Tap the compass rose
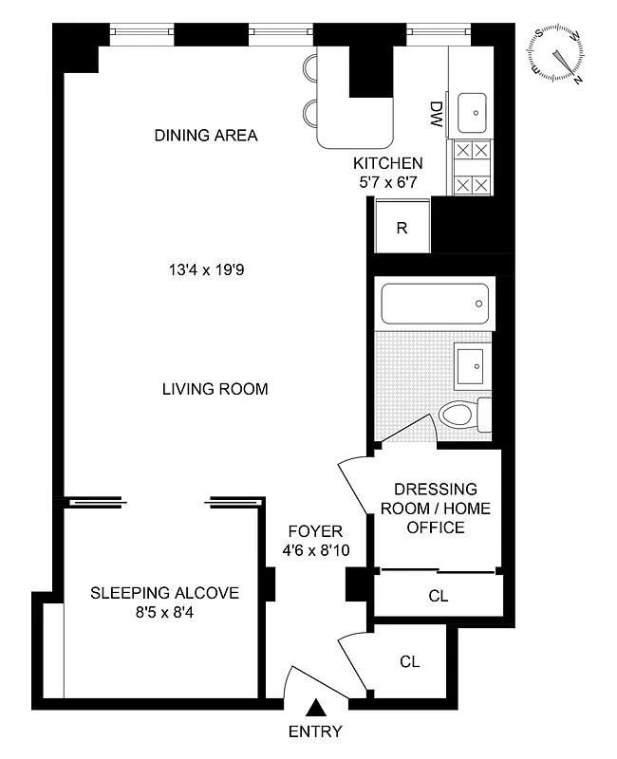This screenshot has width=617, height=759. click(x=559, y=54)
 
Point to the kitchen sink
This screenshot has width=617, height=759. click(x=472, y=113)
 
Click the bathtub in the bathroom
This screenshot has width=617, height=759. click(x=434, y=305)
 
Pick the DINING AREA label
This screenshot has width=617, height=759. click(x=206, y=136)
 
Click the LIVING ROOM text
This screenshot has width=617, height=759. click(x=215, y=389)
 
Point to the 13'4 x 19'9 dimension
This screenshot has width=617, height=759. click(x=208, y=269)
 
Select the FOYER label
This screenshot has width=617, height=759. click(x=312, y=531)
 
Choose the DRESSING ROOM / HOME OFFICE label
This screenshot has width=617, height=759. click(x=436, y=508)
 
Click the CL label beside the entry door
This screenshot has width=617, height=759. click(x=409, y=660)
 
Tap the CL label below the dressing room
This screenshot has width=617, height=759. click(x=438, y=597)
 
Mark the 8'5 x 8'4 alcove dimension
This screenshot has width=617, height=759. click(x=165, y=612)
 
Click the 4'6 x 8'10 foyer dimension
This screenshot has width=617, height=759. click(x=312, y=550)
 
